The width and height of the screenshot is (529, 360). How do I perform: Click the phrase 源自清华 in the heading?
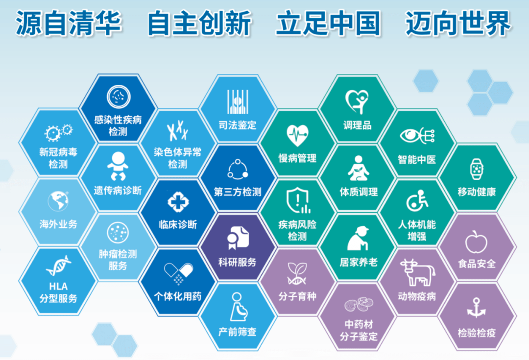69,23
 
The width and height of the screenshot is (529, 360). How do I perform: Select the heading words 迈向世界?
458,23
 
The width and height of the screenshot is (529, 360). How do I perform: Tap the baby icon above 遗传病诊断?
118,166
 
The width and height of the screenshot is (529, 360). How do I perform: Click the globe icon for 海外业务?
58,201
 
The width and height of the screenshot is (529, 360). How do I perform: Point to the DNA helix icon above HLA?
58,265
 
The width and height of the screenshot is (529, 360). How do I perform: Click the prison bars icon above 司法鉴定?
238,101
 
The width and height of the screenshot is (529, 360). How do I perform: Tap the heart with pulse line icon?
298,135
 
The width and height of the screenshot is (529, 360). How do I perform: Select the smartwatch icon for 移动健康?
477,169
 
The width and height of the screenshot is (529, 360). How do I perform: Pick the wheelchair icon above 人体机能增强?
417,200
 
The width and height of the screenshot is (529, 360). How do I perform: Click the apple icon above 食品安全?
477,241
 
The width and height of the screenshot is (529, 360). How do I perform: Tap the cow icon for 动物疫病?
417,272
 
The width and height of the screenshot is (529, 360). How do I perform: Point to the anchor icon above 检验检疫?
477,308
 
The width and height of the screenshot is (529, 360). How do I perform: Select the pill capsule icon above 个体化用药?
178,273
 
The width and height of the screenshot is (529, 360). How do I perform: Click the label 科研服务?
238,262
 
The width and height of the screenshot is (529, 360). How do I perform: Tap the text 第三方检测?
238,192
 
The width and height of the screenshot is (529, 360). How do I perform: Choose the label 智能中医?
417,159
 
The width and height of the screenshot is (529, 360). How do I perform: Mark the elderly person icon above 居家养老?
358,238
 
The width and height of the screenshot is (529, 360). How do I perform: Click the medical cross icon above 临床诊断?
178,202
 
